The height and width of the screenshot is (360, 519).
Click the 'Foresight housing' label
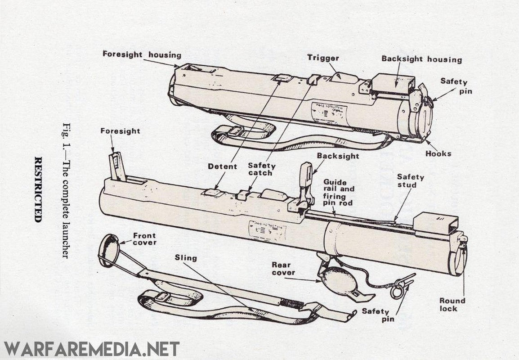(142, 55)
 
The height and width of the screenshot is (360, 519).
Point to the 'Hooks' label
(438, 153)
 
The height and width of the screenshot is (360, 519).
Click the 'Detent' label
(222, 166)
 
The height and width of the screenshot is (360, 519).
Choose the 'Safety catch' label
(261, 170)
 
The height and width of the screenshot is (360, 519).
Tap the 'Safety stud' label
(410, 181)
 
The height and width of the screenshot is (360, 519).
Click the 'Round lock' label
(452, 305)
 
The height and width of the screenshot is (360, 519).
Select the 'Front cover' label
(144, 239)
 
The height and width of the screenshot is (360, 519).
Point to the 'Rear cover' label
(283, 269)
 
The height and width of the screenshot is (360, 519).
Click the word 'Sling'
(185, 258)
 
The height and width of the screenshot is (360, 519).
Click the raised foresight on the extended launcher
(116, 165)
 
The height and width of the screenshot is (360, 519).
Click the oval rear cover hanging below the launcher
(338, 280)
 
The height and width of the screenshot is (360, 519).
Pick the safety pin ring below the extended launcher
(397, 291)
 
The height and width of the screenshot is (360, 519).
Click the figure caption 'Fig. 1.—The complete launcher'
(67, 189)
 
